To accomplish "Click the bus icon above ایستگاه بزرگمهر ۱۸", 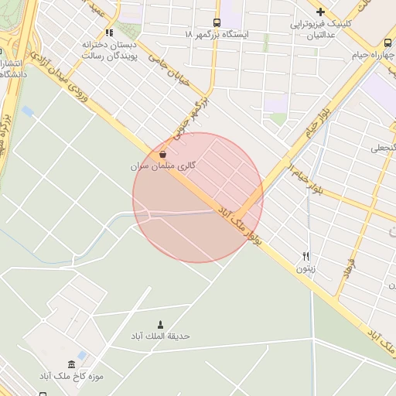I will click(x=217, y=22).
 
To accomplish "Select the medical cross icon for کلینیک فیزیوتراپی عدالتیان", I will click(x=320, y=12).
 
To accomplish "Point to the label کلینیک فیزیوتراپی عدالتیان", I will click(x=321, y=29).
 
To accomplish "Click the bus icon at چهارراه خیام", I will click(x=386, y=43).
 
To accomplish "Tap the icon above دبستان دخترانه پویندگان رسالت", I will click(x=109, y=33).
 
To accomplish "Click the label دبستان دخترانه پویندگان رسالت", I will click(x=109, y=51).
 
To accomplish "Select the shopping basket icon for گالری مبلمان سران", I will click(x=162, y=154).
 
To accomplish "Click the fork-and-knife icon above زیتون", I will click(x=306, y=256).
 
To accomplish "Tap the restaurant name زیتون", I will click(x=305, y=268).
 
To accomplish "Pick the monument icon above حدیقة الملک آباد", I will click(x=161, y=324).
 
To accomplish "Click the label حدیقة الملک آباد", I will click(x=161, y=336).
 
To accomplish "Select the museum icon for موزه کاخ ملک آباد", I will click(x=72, y=364).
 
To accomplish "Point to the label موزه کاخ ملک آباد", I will click(x=72, y=377).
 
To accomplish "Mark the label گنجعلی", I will click(x=383, y=147).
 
